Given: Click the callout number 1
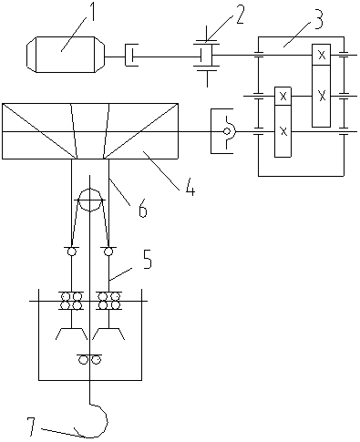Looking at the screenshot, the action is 90,11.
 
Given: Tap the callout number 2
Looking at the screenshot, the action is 238,14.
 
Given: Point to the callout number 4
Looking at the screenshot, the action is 190,186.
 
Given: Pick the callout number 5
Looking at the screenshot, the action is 147,259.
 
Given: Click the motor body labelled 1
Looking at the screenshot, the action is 66,55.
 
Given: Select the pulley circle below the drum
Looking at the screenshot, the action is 90,200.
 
